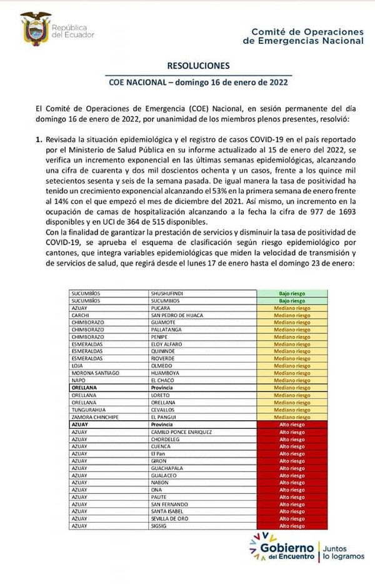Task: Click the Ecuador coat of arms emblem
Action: (x=36, y=28)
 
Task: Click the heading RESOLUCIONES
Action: (x=198, y=66)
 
